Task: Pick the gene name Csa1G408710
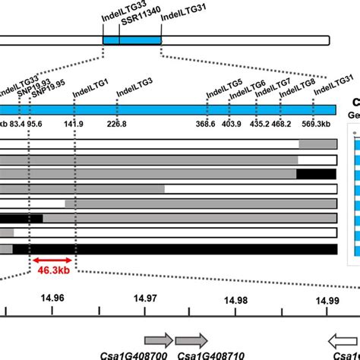pyautogui.click(x=201, y=355)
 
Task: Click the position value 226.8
pyautogui.click(x=117, y=124)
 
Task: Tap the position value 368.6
pyautogui.click(x=206, y=124)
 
